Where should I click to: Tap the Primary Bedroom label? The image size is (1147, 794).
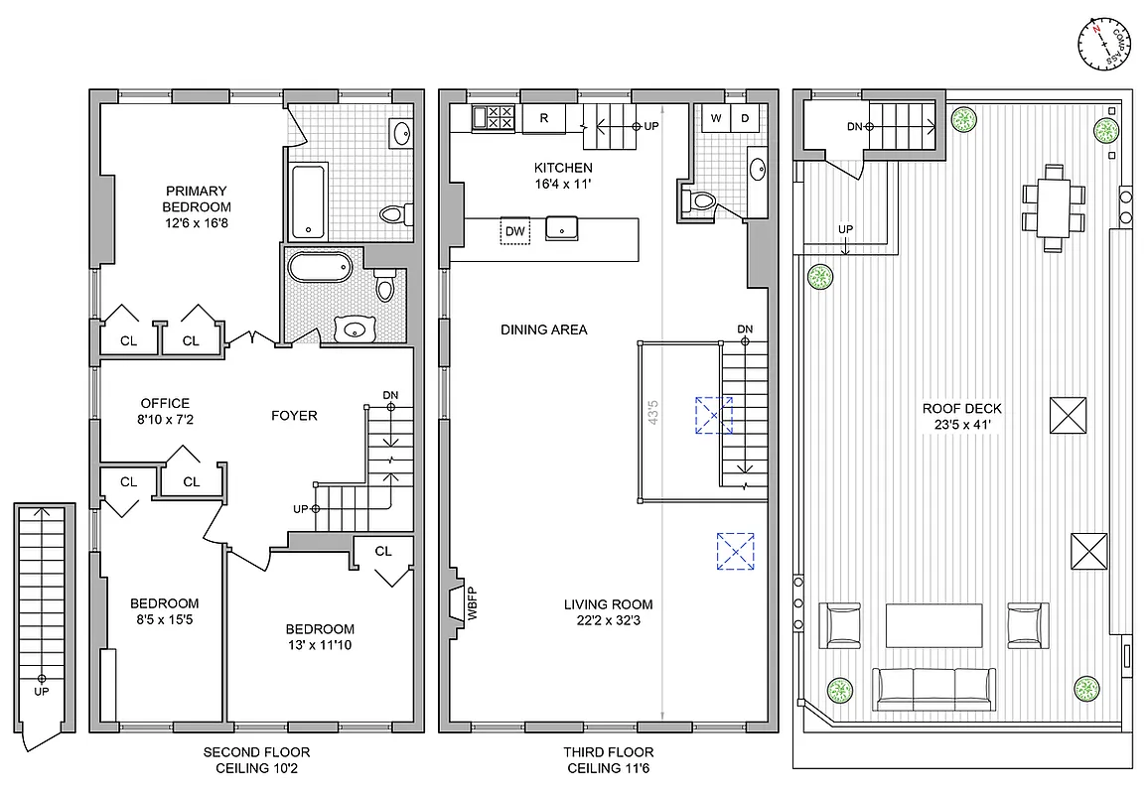coord(197,198)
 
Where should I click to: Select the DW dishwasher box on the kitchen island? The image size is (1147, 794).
coord(515,230)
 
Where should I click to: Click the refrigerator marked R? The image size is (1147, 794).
coord(544,118)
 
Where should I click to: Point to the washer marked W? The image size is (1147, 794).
coord(715,118)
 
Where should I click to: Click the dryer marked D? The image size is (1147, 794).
coord(745,118)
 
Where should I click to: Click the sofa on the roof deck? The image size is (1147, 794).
coord(933,688)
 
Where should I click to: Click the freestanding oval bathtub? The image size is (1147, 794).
coord(319,269)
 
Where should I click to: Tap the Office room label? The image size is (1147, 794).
coord(165,403)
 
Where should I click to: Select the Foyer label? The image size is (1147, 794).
coord(294,415)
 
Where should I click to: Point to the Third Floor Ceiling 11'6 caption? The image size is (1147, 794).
coord(610,760)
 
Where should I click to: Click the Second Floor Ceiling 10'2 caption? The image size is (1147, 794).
coord(256,760)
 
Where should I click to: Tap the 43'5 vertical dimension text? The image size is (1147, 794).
coord(651,411)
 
